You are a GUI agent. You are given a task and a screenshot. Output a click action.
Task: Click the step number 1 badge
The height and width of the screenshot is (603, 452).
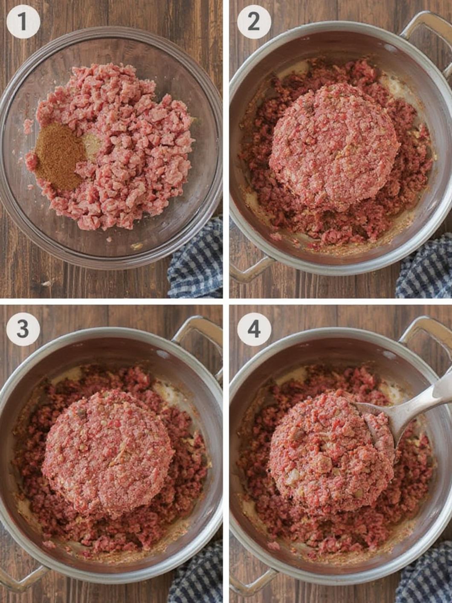coord(23,22)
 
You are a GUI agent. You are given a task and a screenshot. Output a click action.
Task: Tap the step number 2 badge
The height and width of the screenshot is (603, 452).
coord(254,22)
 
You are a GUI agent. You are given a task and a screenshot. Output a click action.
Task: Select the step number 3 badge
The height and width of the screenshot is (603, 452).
coord(23,329)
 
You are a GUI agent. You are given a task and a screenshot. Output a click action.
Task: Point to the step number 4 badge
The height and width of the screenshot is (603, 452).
coord(254,329)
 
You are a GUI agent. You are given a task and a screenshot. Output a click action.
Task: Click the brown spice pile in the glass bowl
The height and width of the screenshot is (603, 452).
coord(58,157)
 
